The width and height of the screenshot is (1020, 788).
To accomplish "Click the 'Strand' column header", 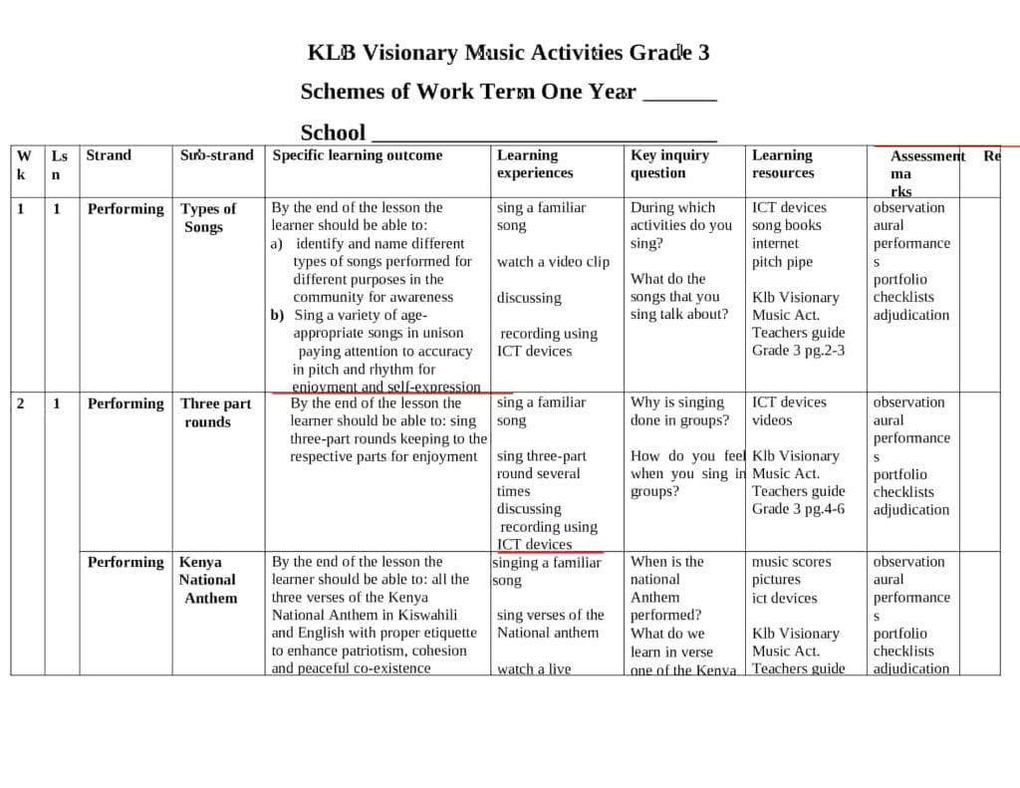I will (109, 155).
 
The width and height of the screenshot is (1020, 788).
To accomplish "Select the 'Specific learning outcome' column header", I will (358, 155).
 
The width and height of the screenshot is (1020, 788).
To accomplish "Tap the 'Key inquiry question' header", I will (669, 163).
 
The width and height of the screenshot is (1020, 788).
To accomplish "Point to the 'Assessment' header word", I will (926, 156).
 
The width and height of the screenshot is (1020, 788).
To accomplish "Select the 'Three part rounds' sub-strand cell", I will (215, 412).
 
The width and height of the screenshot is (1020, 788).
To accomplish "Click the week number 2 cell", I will (21, 403).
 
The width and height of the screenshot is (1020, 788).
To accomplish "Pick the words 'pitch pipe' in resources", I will (782, 262).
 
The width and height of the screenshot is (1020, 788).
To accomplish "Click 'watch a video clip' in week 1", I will (553, 262).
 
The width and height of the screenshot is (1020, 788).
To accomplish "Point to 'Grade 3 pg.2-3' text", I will (798, 351).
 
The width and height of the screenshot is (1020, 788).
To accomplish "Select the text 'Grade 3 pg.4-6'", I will (798, 509).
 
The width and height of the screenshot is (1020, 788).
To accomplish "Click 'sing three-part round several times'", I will (541, 473).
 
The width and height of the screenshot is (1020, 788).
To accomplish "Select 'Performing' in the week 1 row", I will (126, 209).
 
